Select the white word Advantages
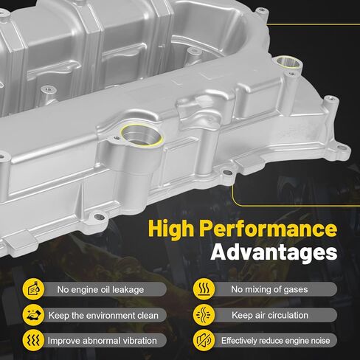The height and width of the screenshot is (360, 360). click(274, 253)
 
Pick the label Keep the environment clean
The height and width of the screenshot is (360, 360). click(103, 315)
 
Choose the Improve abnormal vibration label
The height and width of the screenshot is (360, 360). click(102, 340)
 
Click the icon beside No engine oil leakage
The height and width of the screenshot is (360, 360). click(32, 289)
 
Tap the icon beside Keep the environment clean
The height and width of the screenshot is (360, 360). click(32, 315)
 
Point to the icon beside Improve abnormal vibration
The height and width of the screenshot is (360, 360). click(32, 340)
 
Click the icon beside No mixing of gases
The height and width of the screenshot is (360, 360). click(204, 289)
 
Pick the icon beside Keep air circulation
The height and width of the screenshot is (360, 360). click(204, 315)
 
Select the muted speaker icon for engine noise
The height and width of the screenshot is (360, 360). click(204, 340)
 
